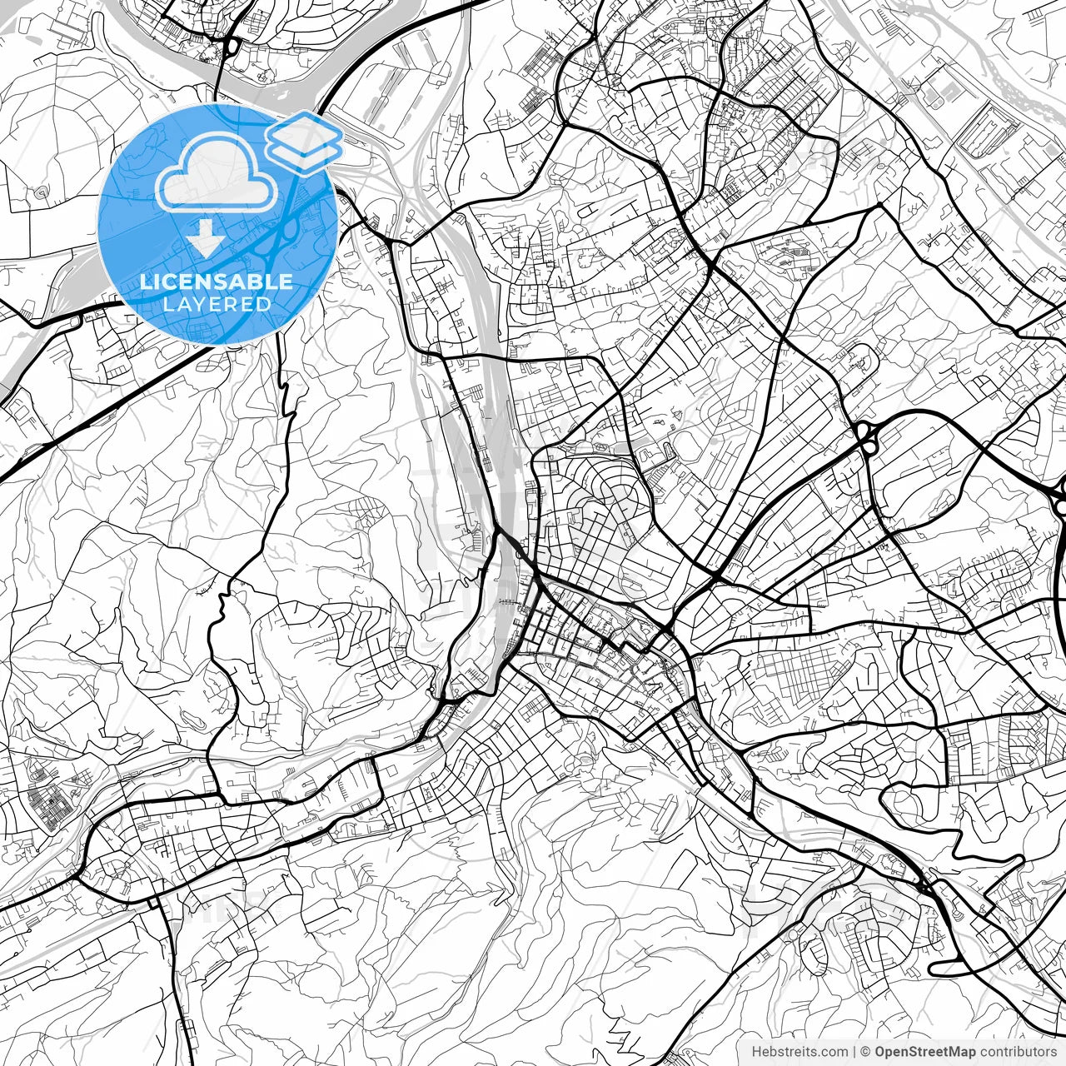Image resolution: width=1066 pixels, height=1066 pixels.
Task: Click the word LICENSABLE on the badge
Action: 217,281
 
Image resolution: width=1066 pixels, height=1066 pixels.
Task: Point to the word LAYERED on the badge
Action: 217,304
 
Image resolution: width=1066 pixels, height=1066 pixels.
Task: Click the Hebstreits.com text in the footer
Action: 799,1051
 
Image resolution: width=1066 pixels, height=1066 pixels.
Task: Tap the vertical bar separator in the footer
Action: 854,1051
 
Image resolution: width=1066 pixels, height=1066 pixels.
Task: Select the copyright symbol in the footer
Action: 865,1051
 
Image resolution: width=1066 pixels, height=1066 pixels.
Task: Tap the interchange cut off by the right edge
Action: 1059,496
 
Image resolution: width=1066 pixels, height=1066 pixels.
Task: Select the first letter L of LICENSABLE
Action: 144,281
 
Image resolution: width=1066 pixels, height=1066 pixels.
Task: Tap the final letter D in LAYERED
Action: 265,304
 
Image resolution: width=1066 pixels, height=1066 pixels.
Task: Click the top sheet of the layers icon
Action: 305,131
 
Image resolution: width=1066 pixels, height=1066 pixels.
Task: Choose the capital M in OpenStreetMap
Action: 953,1051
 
